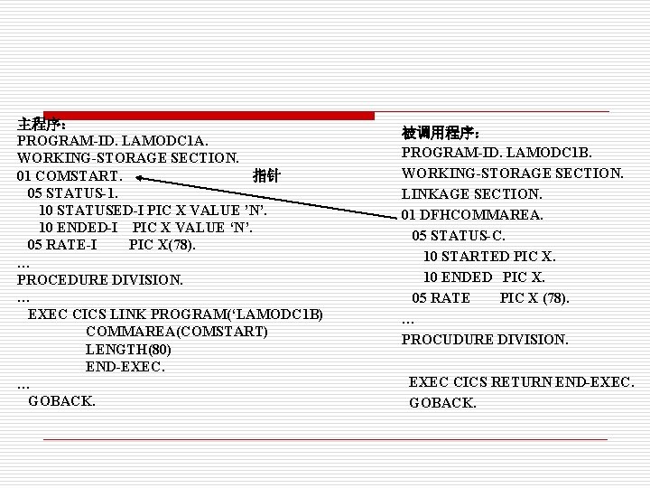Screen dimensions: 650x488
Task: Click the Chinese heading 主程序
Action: click(40, 124)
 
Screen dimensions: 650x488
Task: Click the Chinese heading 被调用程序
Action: click(440, 132)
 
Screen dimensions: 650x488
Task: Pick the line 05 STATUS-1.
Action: click(72, 192)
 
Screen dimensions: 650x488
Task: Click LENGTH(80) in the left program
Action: click(128, 349)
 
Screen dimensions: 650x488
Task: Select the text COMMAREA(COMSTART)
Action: click(177, 332)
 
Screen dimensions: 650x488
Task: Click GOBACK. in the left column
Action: click(61, 400)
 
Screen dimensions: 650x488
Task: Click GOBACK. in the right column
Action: click(442, 403)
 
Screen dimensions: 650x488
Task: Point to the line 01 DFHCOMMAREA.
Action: click(472, 214)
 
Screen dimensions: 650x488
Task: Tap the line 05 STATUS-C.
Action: click(459, 235)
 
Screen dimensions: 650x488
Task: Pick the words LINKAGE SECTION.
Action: click(472, 193)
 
